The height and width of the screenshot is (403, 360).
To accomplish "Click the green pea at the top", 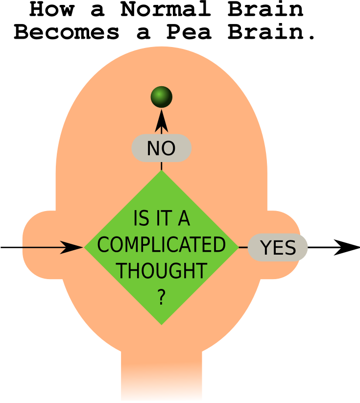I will [161, 96].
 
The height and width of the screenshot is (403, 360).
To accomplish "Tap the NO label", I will [161, 148].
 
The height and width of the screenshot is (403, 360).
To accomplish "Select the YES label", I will [278, 248].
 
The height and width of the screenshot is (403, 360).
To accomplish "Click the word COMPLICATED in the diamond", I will [161, 245].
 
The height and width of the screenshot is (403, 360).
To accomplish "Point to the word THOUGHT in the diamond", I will [161, 270].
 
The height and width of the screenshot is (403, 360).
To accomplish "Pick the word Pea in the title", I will [189, 32].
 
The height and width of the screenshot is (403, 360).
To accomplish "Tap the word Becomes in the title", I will [66, 32].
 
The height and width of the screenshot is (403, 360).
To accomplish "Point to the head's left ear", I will [42, 245].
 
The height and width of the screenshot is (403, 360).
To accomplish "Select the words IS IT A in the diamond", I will [161, 219].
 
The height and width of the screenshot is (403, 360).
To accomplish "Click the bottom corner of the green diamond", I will [161, 321].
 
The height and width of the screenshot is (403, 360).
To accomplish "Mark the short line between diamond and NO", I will [161, 165].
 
